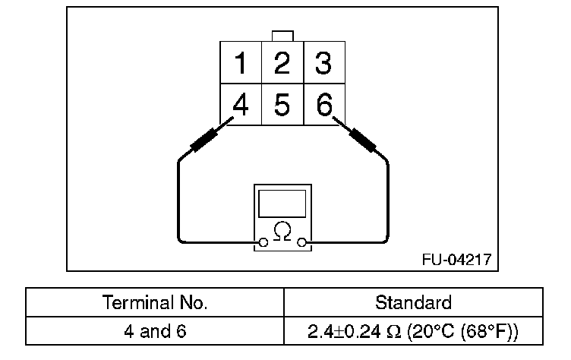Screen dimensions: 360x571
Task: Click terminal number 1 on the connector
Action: (241, 64)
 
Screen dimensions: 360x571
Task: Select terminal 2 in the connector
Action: (282, 64)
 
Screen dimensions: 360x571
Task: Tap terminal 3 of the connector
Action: (323, 64)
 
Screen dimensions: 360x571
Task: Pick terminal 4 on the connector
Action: (241, 105)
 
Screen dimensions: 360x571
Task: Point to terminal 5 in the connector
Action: (282, 105)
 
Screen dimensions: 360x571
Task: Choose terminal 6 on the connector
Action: (324, 105)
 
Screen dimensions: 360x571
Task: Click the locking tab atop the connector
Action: (282, 36)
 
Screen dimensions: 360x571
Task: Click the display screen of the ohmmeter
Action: (282, 204)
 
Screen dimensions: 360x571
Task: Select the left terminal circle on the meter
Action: (263, 243)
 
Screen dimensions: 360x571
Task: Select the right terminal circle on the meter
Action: (302, 243)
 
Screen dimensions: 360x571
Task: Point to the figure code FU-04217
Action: (456, 259)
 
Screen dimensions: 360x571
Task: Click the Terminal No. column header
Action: (155, 302)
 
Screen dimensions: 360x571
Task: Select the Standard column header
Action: (413, 302)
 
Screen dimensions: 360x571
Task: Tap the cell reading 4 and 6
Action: (155, 332)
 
